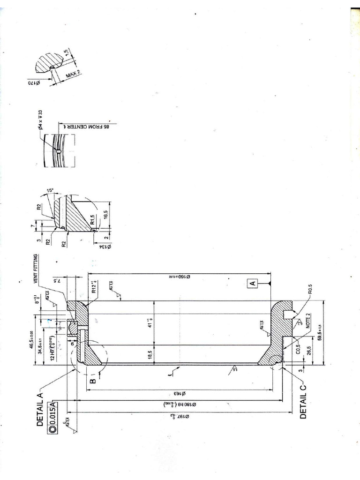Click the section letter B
[93, 381]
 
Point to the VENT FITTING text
[36, 269]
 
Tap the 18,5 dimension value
[150, 352]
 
